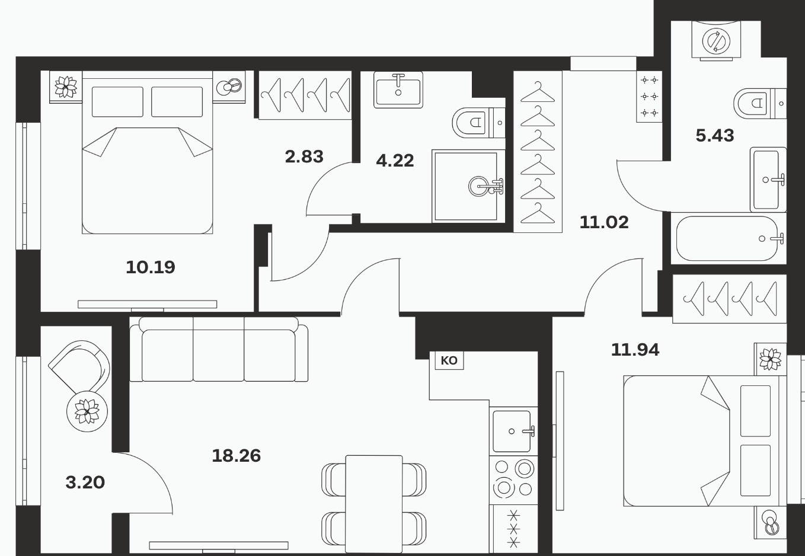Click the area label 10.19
(151, 267)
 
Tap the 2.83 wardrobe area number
(304, 156)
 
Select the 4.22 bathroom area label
(395, 161)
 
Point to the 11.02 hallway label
(604, 222)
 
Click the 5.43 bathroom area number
(715, 136)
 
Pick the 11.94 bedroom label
(635, 350)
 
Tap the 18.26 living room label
(236, 456)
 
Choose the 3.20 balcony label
(85, 482)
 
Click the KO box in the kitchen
(449, 360)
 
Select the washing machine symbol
(716, 41)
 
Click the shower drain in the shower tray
(480, 186)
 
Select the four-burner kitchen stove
(513, 480)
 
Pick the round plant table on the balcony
(87, 411)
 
